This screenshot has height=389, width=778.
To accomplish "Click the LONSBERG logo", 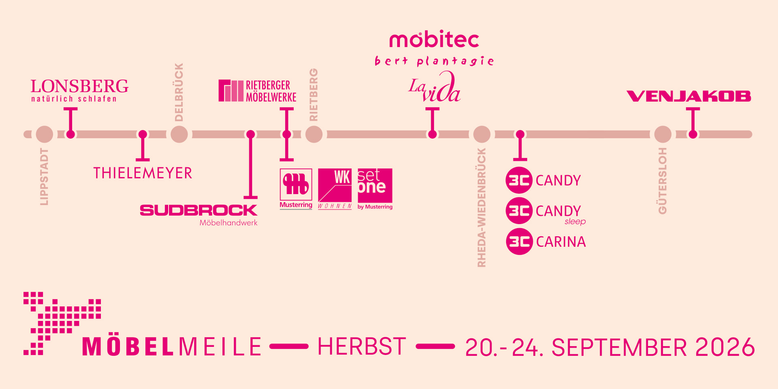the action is pos(80,90).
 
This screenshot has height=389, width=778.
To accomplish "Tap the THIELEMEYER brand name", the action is pos(143,173).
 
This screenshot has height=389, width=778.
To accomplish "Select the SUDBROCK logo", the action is pos(199,215).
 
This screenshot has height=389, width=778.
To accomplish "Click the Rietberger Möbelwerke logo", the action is pos(258,91).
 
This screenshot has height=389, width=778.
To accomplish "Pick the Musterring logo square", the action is pos(296,185).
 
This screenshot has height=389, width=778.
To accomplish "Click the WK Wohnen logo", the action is pos(335,189).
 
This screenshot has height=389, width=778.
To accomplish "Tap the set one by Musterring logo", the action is pos(375,189).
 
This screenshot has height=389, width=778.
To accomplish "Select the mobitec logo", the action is pos(434,39).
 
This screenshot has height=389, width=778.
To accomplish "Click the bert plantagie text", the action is pos(434,61).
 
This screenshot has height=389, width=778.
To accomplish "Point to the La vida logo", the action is pos(434,87).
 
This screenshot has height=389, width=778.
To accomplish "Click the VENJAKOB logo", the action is pos(689,96).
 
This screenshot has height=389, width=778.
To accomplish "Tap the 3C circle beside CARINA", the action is pos(519,242).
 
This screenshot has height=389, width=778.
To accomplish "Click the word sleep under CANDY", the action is pos(575,222).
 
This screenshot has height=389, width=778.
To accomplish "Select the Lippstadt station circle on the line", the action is pos(45,134).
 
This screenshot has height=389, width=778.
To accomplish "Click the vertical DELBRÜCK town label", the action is pos(179,92).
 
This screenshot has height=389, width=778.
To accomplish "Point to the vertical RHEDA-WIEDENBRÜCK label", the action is pos(481,207).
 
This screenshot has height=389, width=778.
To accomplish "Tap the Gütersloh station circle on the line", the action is pos(663,134).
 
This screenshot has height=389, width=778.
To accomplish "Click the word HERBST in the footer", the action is pos(362,347).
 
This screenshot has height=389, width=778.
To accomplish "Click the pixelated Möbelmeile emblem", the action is pos(62,323).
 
